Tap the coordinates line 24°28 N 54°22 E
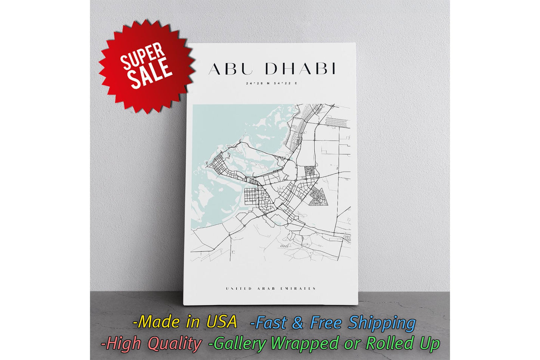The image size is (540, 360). click(272, 83)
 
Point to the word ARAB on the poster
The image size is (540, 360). click(266, 289)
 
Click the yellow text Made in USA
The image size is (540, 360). click(185, 322)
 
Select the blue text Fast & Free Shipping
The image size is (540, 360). click(333, 323)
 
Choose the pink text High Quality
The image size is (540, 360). click(151, 344)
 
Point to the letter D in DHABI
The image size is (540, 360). click(272, 69)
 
